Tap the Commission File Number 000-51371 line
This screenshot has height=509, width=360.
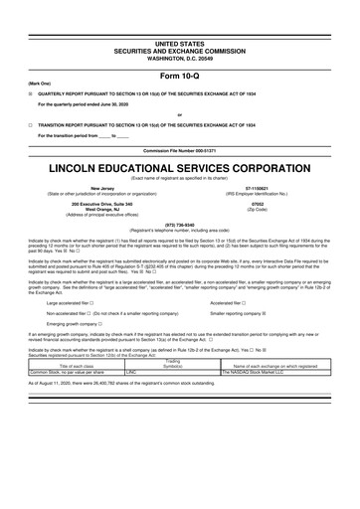[179, 150]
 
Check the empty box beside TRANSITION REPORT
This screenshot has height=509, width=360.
[30, 126]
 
